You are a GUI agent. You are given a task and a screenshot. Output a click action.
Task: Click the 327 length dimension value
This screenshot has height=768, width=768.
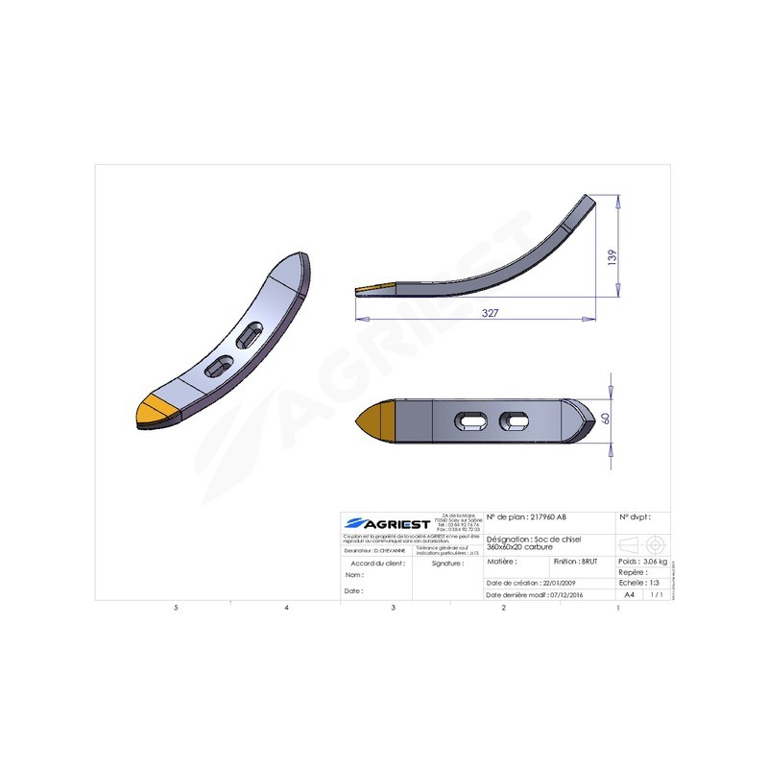pyautogui.click(x=490, y=314)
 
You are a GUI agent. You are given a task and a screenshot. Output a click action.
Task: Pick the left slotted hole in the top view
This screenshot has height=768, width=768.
pyautogui.click(x=468, y=420)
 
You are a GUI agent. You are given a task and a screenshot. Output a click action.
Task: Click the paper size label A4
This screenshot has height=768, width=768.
pyautogui.click(x=629, y=595)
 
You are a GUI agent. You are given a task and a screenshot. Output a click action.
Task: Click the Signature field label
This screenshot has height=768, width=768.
pyautogui.click(x=447, y=564)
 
